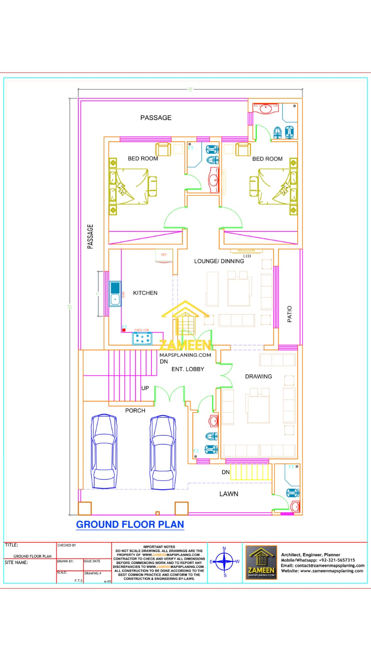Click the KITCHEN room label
pos(145,293)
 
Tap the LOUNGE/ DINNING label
pos(219,261)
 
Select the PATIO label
pos(289,314)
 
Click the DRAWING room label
pos(258,376)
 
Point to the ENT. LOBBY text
pos(188,369)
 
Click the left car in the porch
pos(104,452)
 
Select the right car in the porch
pos(163,452)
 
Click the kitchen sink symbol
pos(115,293)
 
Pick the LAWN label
pos(229,494)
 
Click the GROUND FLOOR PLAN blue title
pos(130,525)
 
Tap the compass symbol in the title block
pos(224,561)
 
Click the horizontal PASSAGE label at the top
pos(156,118)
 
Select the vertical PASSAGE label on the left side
pos(90,236)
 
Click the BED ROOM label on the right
pos(267,159)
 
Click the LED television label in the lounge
pos(247,256)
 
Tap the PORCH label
pos(135,411)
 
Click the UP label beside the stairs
pos(145,388)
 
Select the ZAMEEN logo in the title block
pos(261,562)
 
